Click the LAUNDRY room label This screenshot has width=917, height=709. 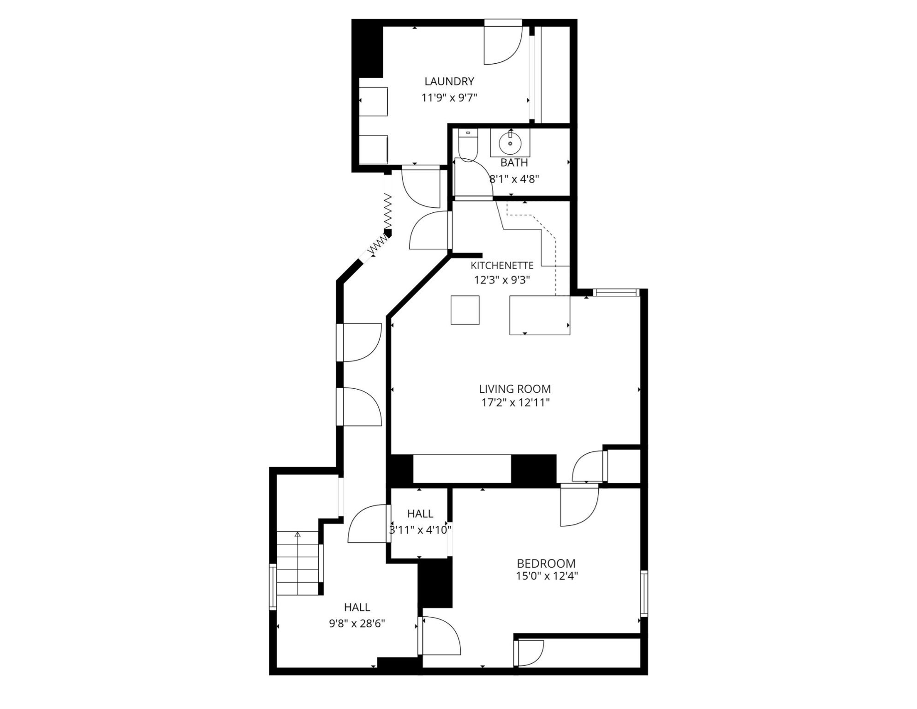coord(449,82)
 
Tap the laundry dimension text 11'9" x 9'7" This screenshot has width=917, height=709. coord(449,98)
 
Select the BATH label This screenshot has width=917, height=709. coord(514,163)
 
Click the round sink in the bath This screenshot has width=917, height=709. coord(510,143)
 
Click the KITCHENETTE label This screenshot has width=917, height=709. coord(502,266)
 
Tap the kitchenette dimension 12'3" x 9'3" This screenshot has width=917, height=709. coord(502,280)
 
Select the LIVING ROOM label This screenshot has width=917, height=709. coord(515,389)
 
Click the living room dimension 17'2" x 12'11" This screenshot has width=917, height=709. coord(515,403)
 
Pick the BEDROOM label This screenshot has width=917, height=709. coord(546,564)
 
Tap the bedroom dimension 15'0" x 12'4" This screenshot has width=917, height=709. coord(547,576)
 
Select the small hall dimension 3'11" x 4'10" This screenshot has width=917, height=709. coord(420,530)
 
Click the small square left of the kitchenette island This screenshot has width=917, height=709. coord(465,310)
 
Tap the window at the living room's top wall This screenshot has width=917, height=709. coord(615,292)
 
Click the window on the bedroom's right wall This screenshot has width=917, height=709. coord(643,593)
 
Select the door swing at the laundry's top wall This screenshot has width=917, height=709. coord(502,42)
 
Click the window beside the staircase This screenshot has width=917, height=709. coord(273,587)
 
